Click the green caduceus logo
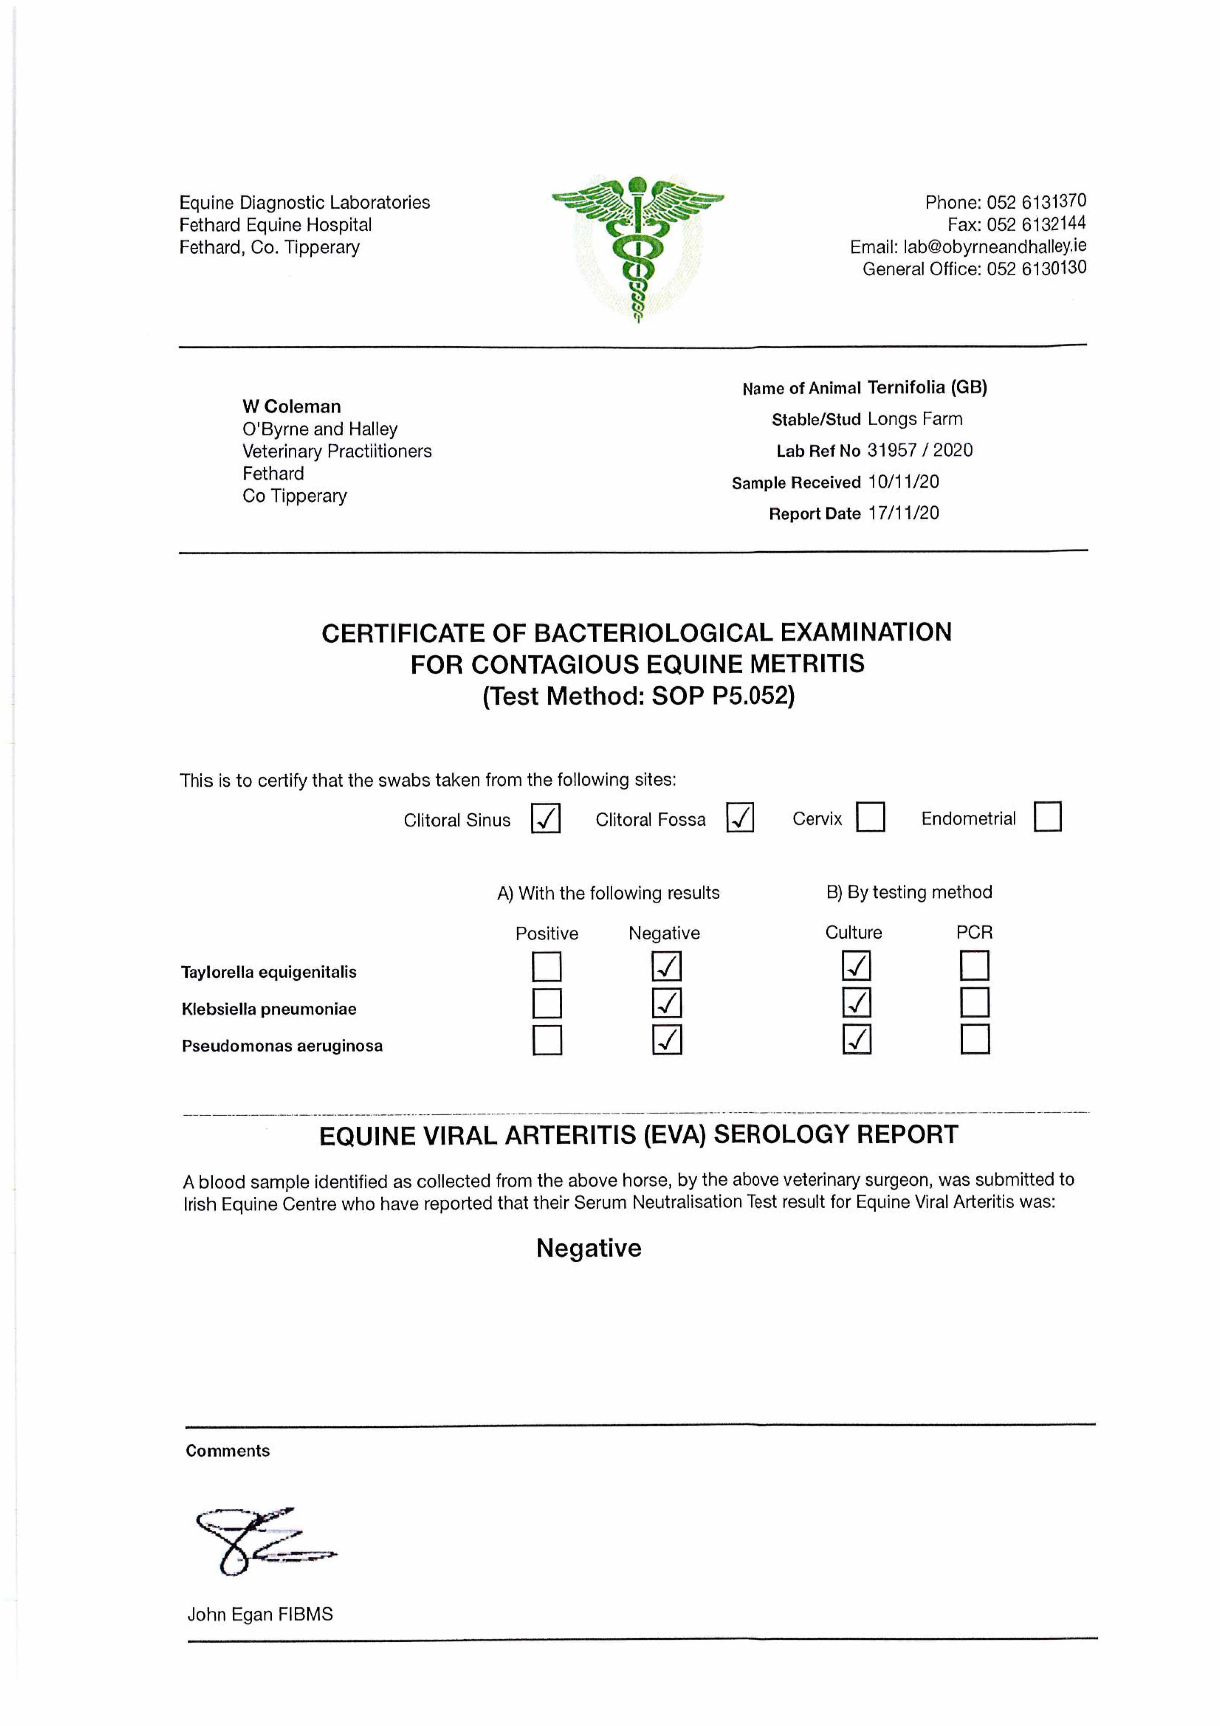[x=638, y=248]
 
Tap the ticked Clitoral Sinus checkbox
[x=545, y=818]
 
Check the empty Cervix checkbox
[x=870, y=816]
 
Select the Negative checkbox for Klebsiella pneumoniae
[x=666, y=1003]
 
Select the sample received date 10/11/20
[x=903, y=482]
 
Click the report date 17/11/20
[x=903, y=513]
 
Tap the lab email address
[x=995, y=246]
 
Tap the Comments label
[x=227, y=1451]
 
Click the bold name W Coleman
[x=291, y=407]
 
